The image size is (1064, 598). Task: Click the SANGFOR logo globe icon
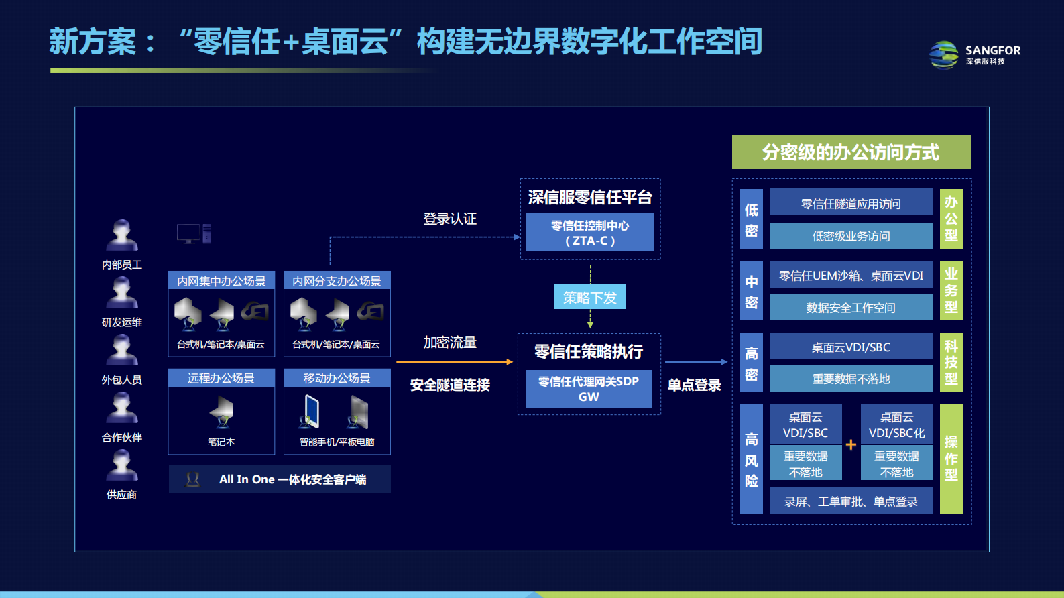[944, 55]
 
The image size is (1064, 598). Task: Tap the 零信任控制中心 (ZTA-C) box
[590, 233]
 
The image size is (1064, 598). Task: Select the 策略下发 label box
[590, 297]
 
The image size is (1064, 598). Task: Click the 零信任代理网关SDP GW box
[589, 389]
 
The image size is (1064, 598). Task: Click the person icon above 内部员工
[122, 235]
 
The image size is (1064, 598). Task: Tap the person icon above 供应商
[122, 465]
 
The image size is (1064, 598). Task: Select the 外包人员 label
[122, 380]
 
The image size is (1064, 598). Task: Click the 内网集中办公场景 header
[221, 281]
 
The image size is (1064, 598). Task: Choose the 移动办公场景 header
[337, 378]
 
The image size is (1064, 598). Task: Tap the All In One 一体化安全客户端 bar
[280, 479]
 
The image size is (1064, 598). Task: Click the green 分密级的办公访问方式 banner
[851, 152]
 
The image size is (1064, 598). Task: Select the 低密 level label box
[752, 220]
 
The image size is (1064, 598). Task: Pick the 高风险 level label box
[752, 459]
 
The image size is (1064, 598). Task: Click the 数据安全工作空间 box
[851, 308]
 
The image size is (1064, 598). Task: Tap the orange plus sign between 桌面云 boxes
[851, 444]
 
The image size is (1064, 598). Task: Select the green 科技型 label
[951, 362]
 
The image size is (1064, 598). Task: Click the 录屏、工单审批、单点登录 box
[851, 501]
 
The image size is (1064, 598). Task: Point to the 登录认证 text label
[450, 219]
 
